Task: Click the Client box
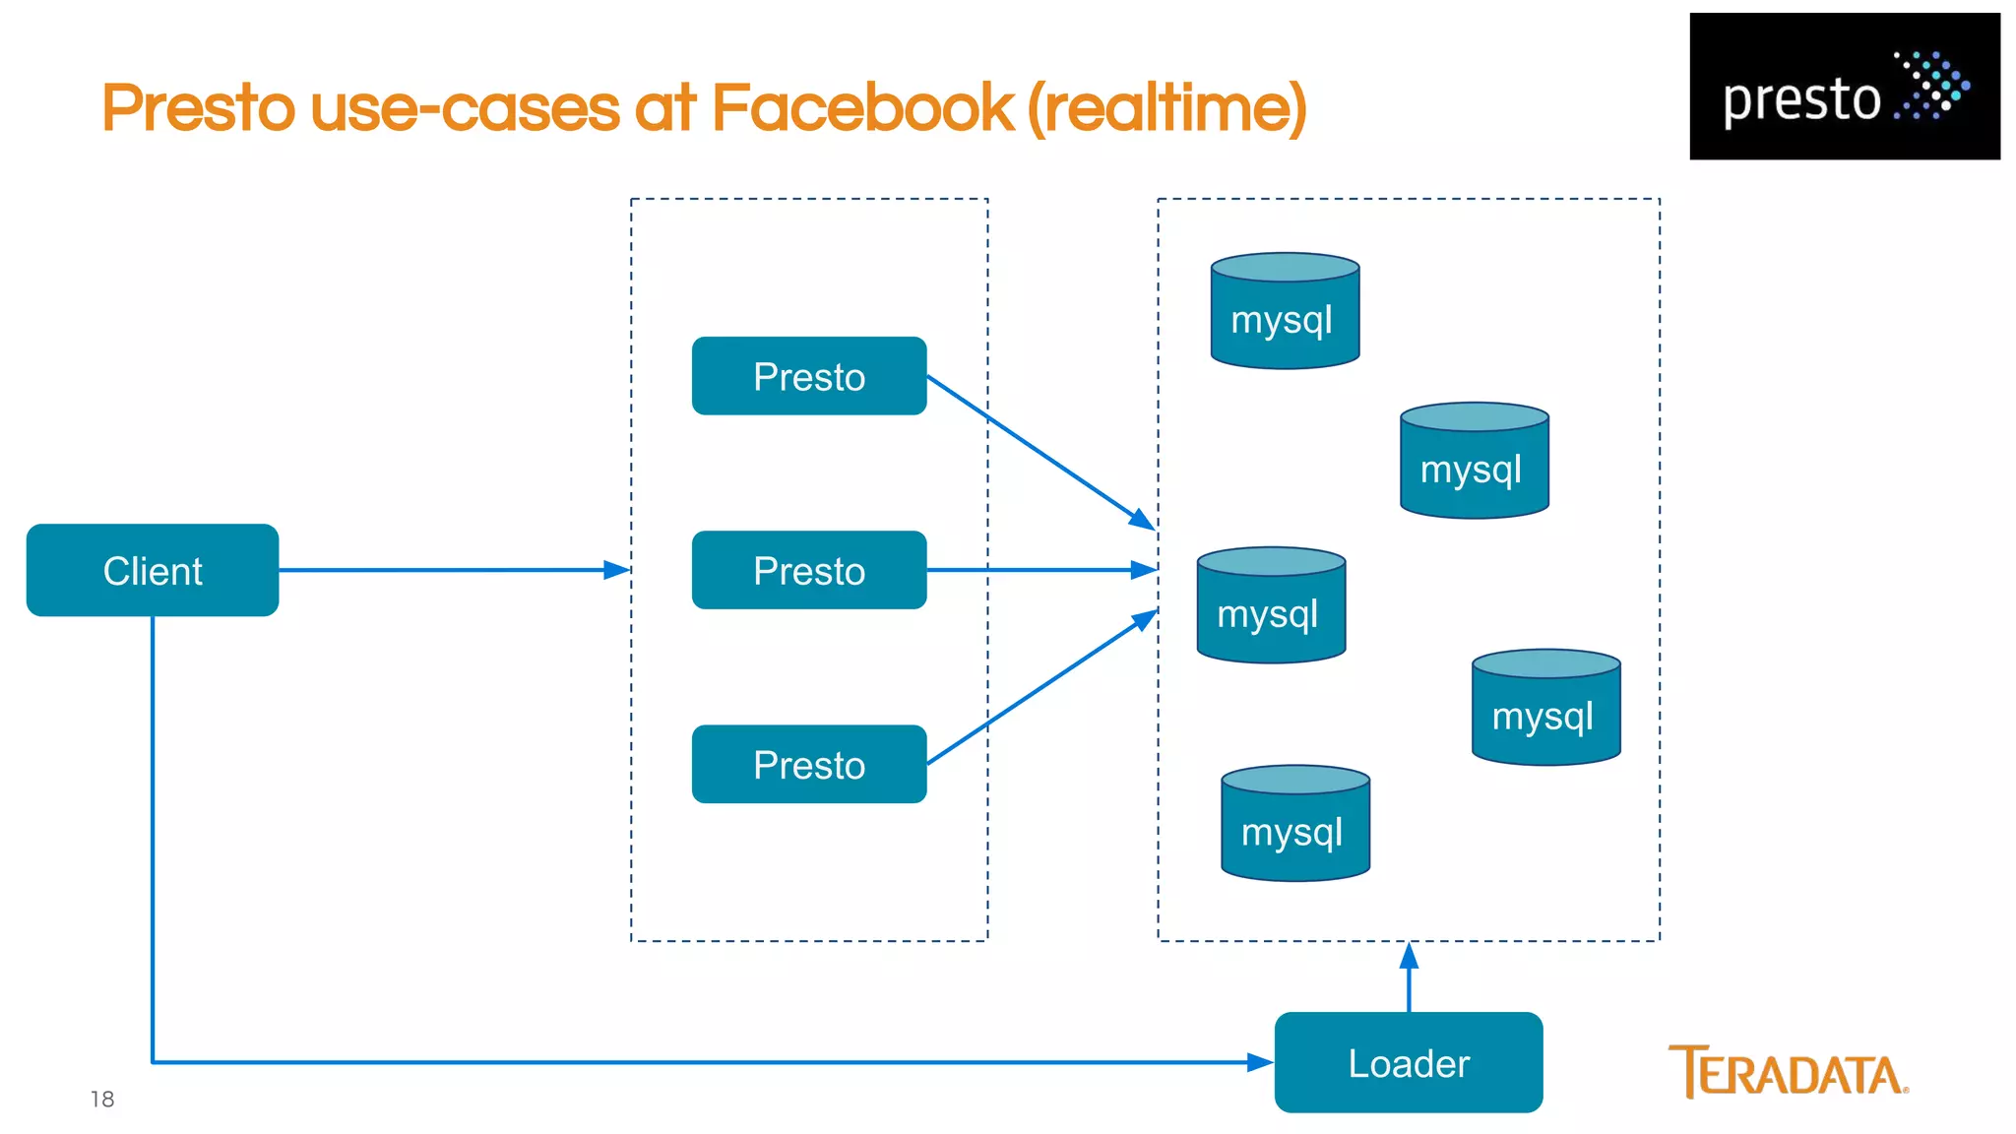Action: [x=153, y=570]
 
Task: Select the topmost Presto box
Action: [x=809, y=376]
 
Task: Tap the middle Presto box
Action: [x=809, y=570]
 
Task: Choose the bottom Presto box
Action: [x=809, y=764]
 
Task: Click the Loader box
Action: [x=1408, y=1062]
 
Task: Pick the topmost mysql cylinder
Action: [x=1285, y=312]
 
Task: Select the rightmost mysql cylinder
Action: [x=1545, y=709]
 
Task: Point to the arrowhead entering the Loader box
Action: [x=1261, y=1062]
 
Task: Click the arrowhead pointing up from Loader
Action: [x=1409, y=955]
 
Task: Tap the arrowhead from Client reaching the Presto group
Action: [x=617, y=570]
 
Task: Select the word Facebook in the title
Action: [x=861, y=107]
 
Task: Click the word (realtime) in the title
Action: [x=1167, y=107]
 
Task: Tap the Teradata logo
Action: [x=1788, y=1072]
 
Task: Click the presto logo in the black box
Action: [x=1844, y=87]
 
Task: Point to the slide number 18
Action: [x=102, y=1099]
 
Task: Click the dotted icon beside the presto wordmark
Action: [x=1932, y=86]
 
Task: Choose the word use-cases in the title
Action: [x=466, y=107]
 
